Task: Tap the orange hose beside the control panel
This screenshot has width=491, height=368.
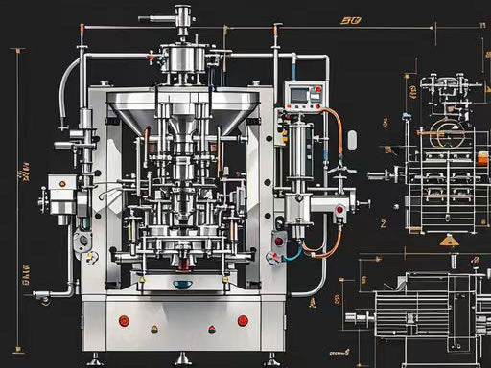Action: [x=337, y=134]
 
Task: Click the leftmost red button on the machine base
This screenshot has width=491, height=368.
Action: [x=124, y=320]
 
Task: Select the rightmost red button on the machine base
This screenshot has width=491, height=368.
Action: [x=243, y=320]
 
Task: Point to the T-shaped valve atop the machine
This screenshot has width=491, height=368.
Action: [x=181, y=16]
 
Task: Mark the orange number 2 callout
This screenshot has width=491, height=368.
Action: [x=383, y=222]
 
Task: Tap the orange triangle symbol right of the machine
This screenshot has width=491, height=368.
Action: [x=448, y=240]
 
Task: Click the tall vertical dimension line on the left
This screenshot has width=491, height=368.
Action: [x=17, y=172]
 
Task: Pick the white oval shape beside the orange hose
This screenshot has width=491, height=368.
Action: [x=351, y=140]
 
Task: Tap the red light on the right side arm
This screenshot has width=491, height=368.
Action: [x=339, y=208]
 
